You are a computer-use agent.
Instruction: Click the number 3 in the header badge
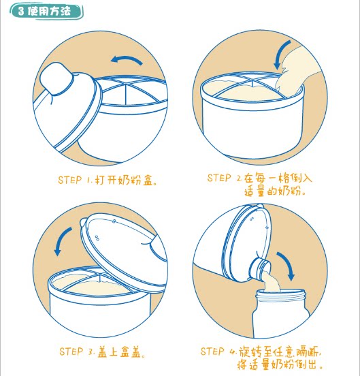(x=21, y=11)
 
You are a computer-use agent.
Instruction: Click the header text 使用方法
(x=49, y=11)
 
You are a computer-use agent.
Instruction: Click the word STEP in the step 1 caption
(x=70, y=180)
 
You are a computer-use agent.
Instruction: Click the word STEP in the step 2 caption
(x=219, y=178)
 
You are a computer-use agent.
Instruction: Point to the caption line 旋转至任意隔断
(x=279, y=352)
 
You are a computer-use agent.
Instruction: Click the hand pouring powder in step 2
(x=297, y=72)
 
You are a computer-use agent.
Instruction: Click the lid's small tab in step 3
(x=83, y=223)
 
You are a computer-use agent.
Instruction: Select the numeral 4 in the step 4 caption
(x=233, y=352)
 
